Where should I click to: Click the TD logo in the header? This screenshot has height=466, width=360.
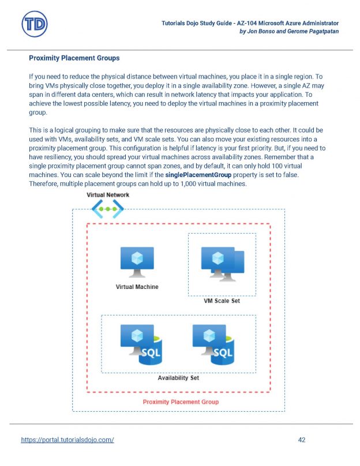34,25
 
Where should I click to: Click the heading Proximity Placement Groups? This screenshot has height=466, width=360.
74,58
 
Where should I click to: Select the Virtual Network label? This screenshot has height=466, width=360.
108,195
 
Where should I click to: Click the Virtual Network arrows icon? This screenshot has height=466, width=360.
108,209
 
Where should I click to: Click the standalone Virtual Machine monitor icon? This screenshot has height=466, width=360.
137,263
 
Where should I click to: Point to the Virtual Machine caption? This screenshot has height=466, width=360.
137,287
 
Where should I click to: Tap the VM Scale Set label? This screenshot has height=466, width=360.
222,301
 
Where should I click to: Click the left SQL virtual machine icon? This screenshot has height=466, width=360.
138,345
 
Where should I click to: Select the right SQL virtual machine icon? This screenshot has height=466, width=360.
212,345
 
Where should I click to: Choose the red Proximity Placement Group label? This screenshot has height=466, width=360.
180,401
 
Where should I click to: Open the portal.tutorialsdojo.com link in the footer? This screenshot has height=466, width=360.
67,439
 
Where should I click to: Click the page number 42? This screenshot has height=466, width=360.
302,439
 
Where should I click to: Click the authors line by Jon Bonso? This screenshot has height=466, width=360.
288,31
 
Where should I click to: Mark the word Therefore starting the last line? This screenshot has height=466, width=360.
44,183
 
